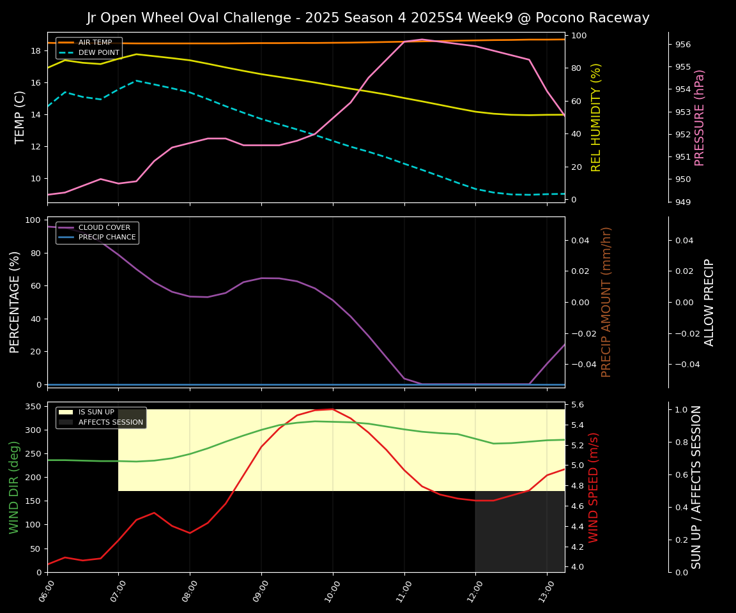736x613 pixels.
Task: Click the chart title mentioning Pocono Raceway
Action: (368, 18)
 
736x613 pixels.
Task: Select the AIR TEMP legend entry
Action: (95, 43)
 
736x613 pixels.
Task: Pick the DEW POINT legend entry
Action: (98, 53)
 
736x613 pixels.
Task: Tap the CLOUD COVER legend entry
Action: (104, 227)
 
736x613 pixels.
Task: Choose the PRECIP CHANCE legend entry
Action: (107, 238)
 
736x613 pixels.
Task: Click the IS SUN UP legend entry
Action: (96, 412)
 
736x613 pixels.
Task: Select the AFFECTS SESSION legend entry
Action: (111, 423)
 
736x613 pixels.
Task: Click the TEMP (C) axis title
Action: (20, 117)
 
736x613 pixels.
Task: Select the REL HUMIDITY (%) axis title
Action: (597, 117)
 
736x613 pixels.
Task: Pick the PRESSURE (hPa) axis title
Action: (700, 117)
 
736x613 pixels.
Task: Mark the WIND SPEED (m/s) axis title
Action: (594, 487)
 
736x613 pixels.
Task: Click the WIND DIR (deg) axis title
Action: (14, 487)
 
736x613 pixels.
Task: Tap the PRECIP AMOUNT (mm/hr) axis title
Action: (607, 301)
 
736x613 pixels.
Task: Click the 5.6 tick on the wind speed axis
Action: (577, 405)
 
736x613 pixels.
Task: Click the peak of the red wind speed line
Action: (332, 409)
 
